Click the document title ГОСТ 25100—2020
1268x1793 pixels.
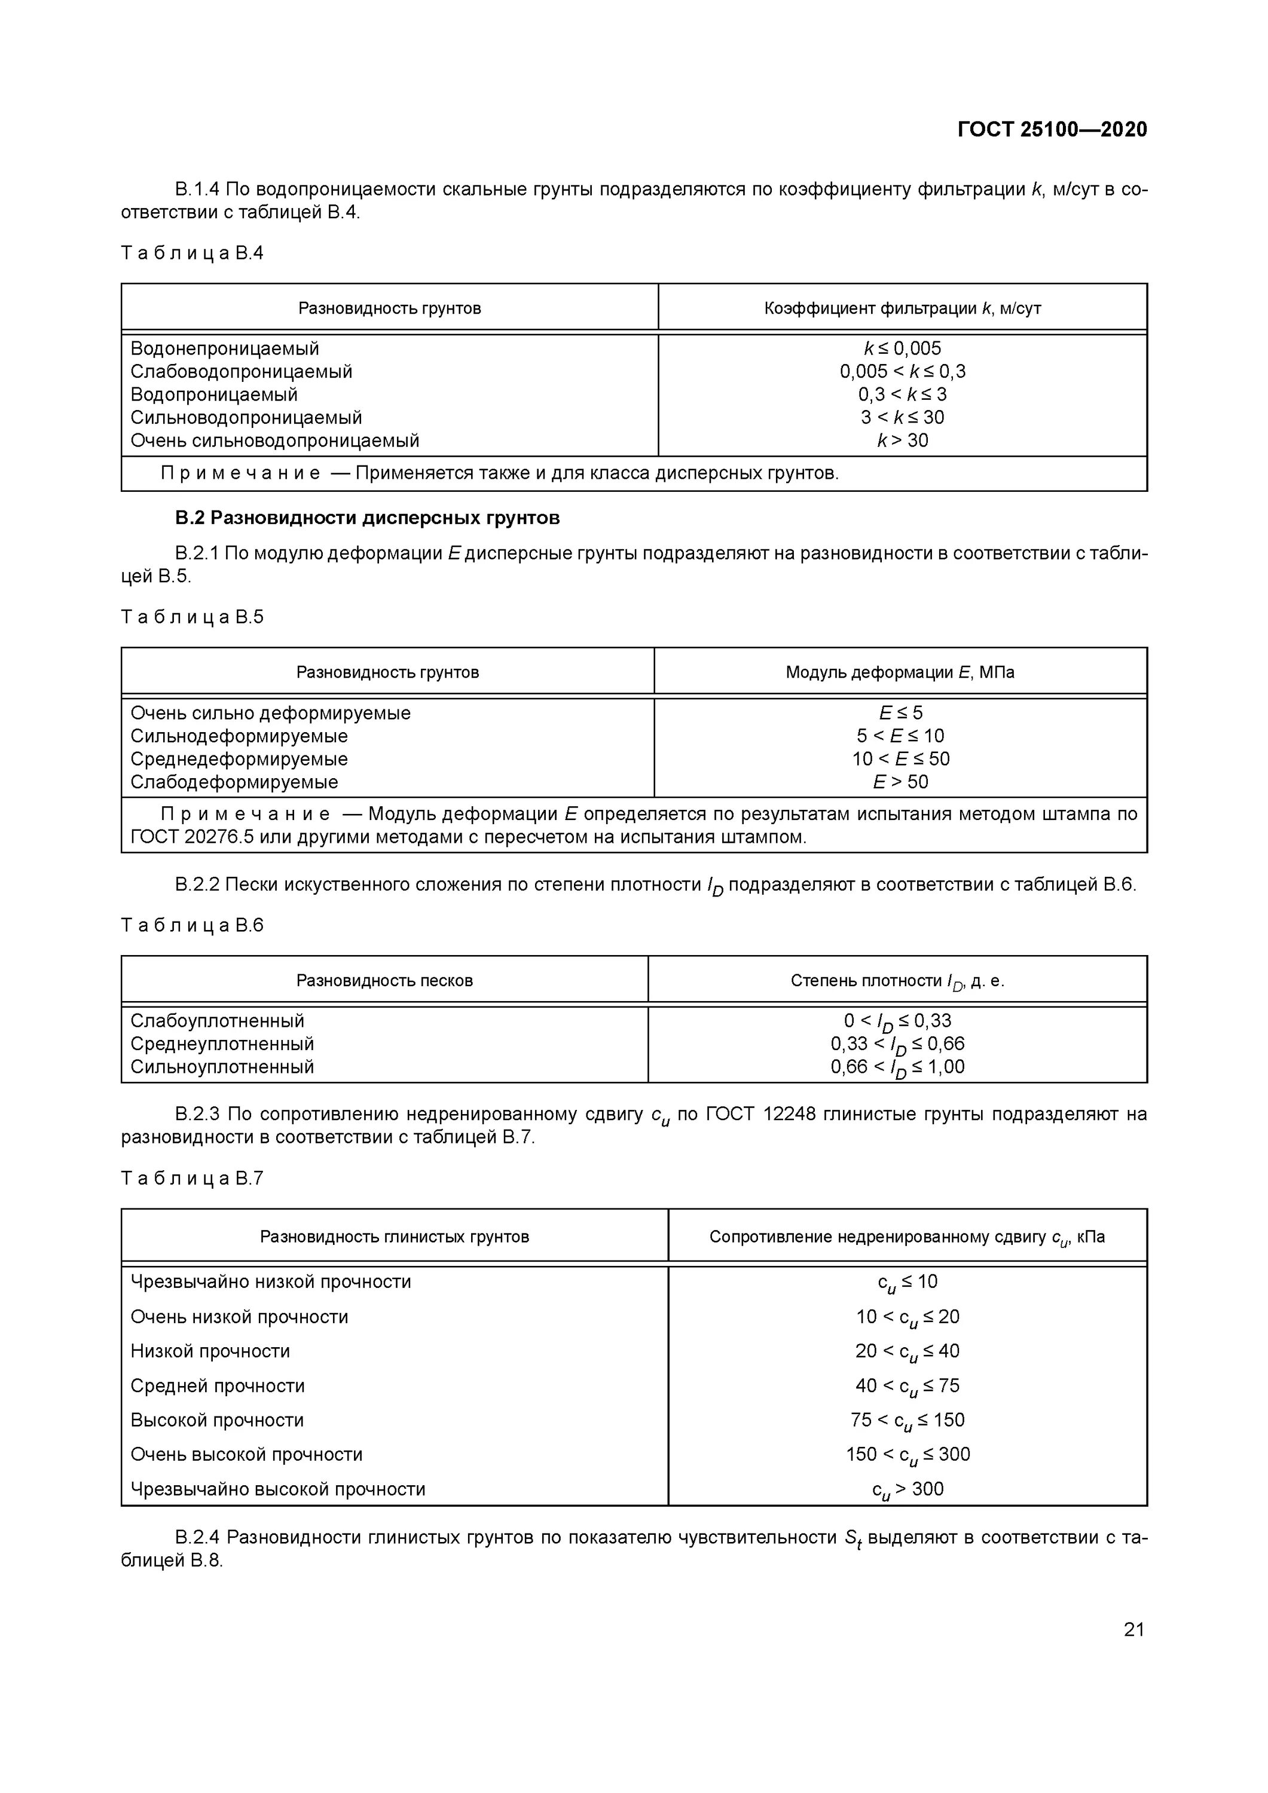tap(1052, 129)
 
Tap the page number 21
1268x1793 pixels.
tap(1133, 1629)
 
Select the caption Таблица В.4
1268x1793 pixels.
tap(192, 253)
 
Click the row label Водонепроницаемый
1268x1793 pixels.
tap(224, 348)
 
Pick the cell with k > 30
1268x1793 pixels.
tap(902, 440)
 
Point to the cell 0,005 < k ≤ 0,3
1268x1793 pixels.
tap(902, 371)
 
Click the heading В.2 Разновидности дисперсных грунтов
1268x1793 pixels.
tap(366, 518)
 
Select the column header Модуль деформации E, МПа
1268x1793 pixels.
tap(899, 672)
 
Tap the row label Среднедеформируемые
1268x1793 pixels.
tap(239, 759)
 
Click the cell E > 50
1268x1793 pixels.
tap(900, 782)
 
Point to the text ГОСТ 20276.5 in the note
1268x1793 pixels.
tap(181, 837)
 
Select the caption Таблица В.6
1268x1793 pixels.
tap(192, 925)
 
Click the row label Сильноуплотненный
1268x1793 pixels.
tap(222, 1067)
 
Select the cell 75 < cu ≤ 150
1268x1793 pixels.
tap(907, 1419)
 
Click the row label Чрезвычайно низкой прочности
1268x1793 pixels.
tap(270, 1281)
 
